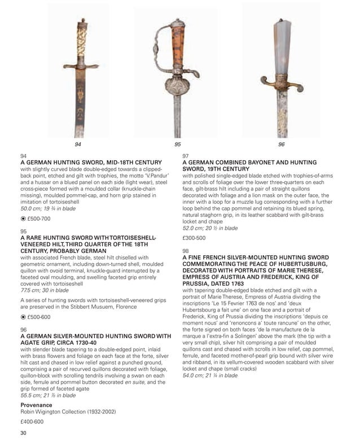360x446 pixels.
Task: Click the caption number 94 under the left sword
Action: click(x=78, y=145)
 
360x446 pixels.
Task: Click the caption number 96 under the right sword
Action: click(x=282, y=145)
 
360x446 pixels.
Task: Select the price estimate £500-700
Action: click(x=39, y=218)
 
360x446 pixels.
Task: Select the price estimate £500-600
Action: click(x=39, y=318)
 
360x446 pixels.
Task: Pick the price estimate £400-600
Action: click(x=32, y=421)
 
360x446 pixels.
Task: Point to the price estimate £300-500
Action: click(x=194, y=238)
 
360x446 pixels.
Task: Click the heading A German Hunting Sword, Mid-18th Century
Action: click(x=84, y=162)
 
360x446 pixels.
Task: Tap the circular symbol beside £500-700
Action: click(x=23, y=218)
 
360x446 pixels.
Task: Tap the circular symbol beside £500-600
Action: click(x=23, y=318)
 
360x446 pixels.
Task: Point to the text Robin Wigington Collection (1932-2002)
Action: click(x=68, y=412)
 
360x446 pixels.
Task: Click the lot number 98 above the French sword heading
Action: click(x=186, y=250)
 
